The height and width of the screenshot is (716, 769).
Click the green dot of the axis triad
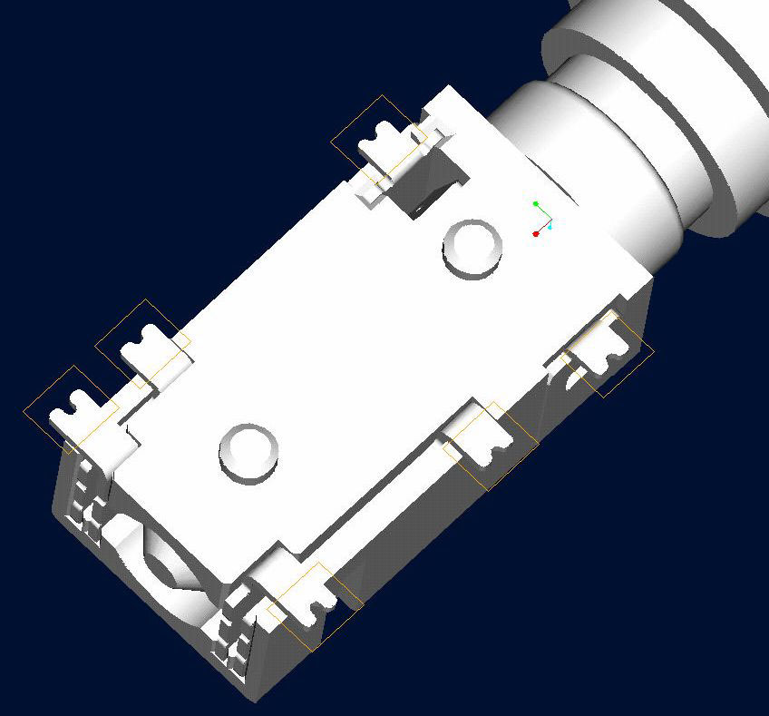tap(536, 204)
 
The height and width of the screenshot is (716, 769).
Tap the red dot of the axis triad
tap(536, 234)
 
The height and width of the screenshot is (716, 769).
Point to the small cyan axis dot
tap(550, 227)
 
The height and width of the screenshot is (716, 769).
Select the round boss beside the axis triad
tap(472, 246)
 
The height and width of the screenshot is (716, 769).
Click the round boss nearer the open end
tap(249, 450)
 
